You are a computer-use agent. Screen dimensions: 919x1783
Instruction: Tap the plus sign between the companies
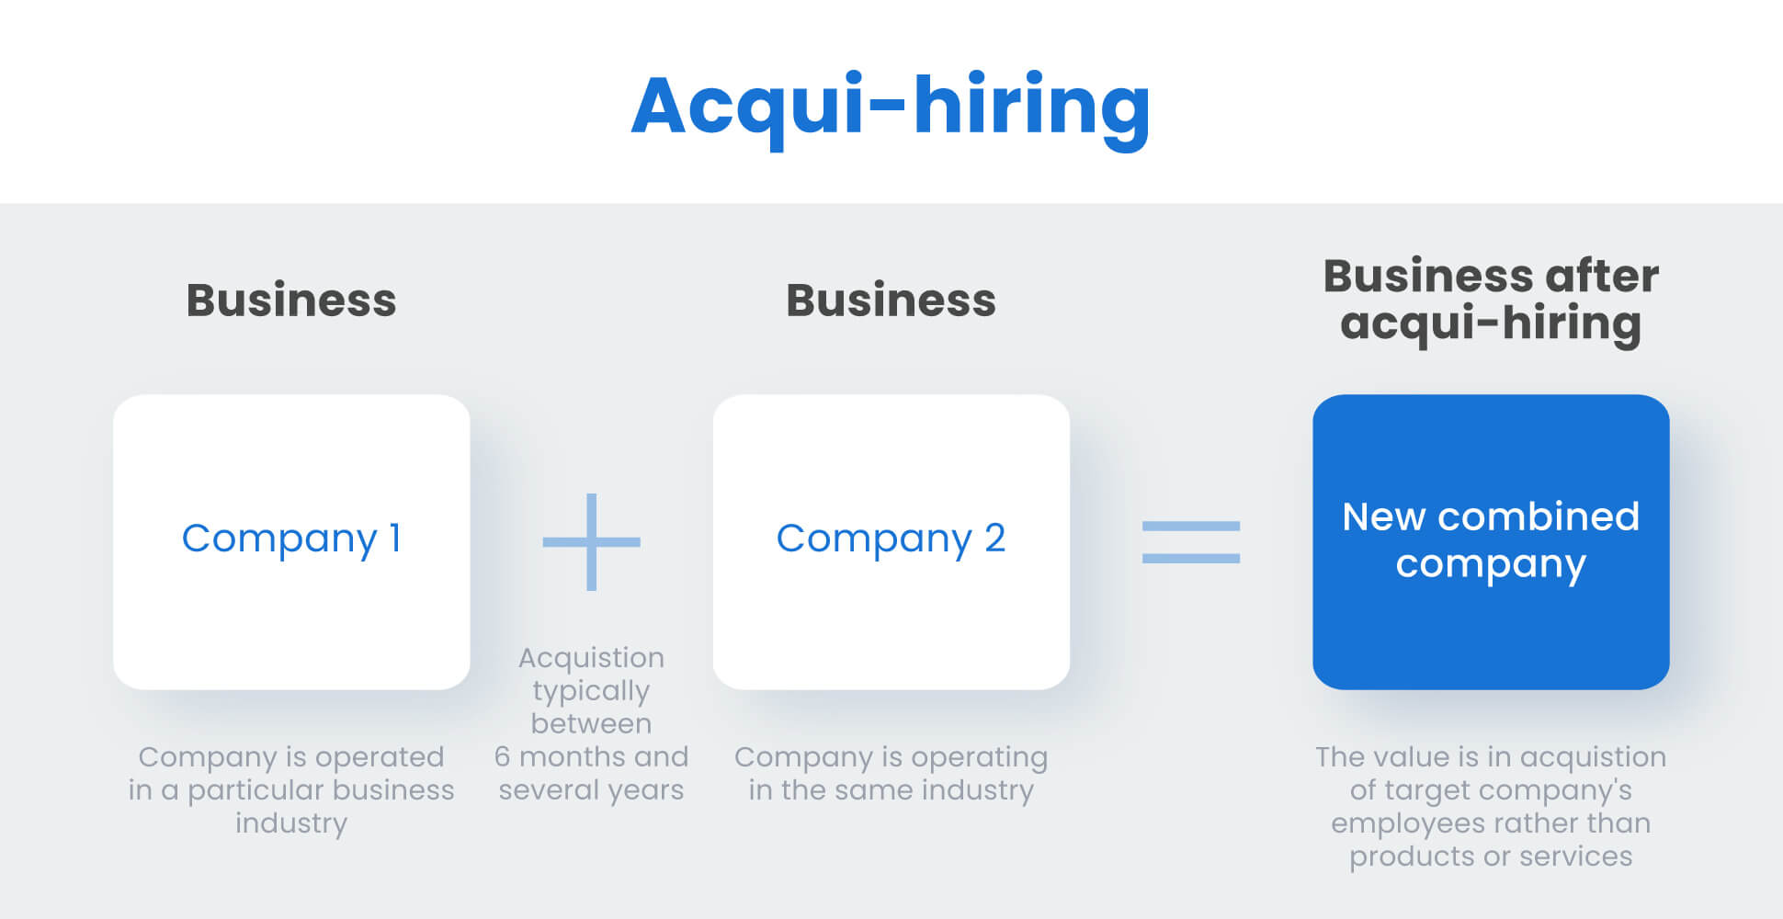[591, 542]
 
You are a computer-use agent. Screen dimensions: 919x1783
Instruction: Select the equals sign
[1190, 542]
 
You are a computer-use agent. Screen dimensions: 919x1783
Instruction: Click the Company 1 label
[291, 539]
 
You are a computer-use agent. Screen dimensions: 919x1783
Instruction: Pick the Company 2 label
[891, 539]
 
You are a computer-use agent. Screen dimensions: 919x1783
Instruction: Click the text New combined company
[1490, 540]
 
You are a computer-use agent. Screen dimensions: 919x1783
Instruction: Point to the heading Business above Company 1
[291, 301]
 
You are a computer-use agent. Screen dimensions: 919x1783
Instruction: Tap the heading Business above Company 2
[891, 301]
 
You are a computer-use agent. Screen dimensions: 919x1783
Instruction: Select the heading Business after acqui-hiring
[1490, 301]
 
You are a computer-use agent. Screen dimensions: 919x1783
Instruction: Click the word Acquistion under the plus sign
[591, 658]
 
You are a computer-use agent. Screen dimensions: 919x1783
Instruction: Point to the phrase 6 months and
[591, 757]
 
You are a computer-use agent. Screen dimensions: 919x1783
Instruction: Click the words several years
[591, 790]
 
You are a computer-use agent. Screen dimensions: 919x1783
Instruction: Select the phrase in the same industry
[891, 790]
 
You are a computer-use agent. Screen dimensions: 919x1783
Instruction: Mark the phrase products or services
[1490, 857]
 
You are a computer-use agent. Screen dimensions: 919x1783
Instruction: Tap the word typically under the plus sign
[591, 691]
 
